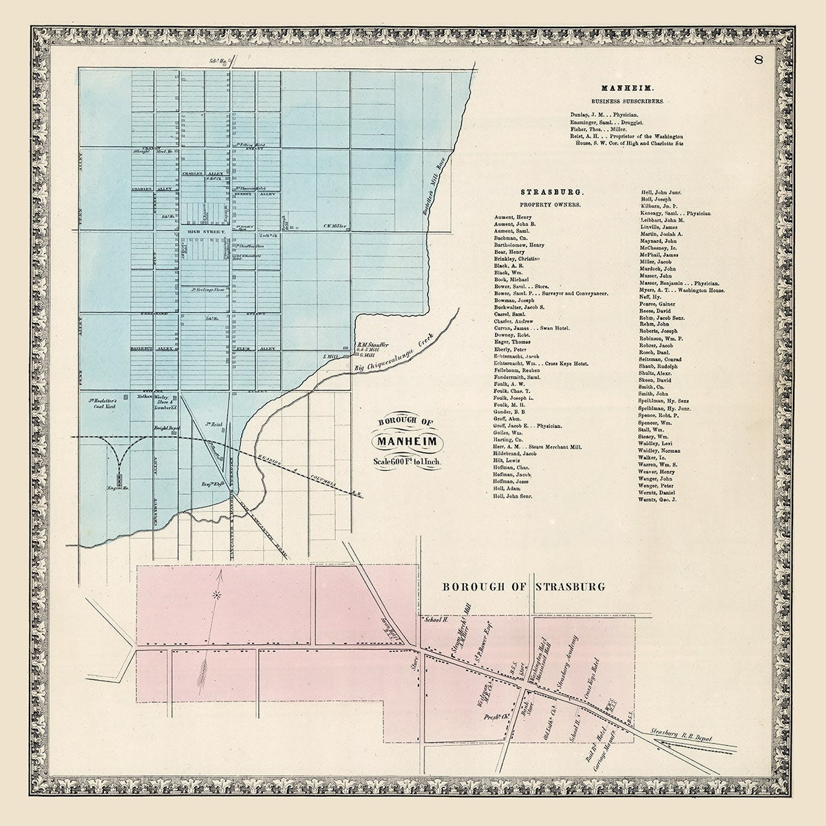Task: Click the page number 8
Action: tap(758, 59)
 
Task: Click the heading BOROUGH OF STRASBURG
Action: tap(523, 586)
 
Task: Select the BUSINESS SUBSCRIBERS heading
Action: tap(624, 100)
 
